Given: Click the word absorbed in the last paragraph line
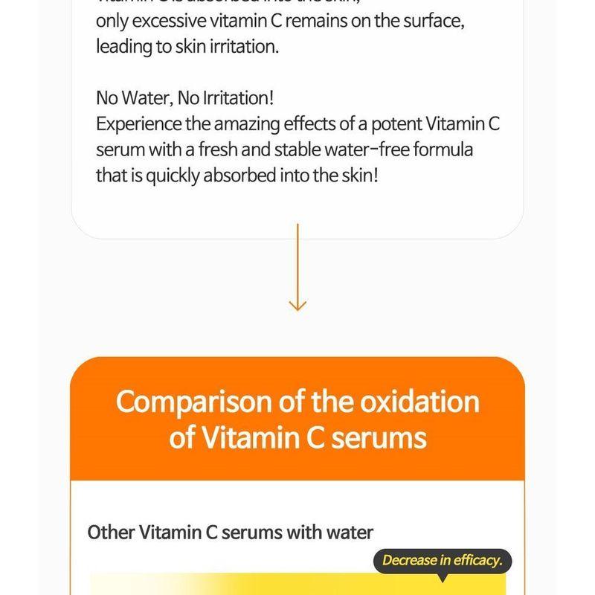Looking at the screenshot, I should point(237,174).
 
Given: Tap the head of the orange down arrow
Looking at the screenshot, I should point(297,304).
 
